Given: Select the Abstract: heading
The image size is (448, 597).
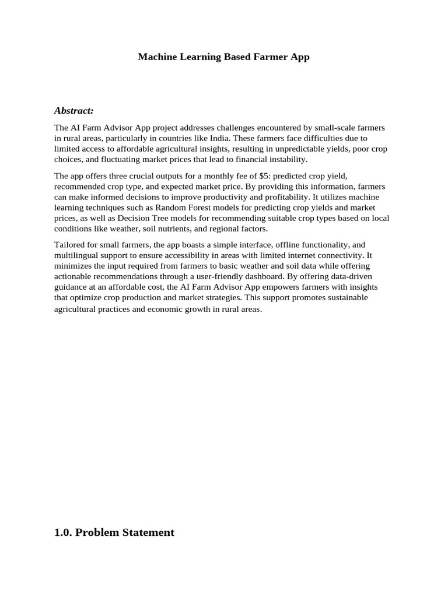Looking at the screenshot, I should (73, 110).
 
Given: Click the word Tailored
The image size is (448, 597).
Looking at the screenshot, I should (69, 245).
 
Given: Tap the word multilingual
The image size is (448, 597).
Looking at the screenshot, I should (78, 255).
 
